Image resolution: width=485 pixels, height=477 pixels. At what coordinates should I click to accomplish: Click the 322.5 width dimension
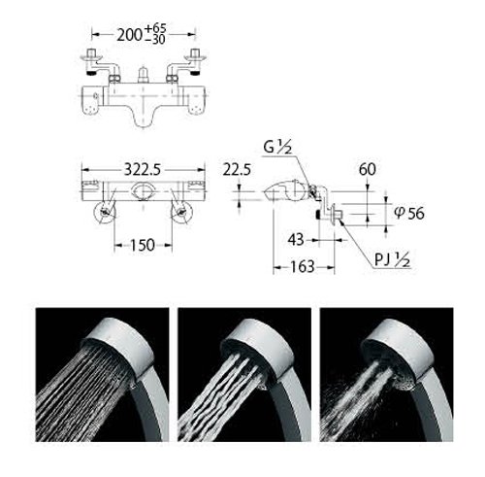[143, 170]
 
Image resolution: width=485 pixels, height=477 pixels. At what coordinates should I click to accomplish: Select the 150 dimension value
[143, 245]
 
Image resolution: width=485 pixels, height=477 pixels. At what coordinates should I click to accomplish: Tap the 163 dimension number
[303, 267]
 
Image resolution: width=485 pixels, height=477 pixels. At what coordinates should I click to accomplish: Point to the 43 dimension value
[296, 240]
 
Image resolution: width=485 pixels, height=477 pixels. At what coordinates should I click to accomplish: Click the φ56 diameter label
[409, 213]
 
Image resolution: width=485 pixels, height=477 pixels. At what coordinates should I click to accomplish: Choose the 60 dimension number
[368, 169]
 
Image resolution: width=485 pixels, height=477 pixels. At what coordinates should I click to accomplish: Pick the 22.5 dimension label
[237, 170]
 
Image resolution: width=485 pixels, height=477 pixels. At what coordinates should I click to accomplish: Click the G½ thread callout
[277, 148]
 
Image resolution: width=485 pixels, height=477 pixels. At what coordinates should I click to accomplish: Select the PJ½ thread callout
[393, 259]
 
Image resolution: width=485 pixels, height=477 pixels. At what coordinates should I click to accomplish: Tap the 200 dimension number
[129, 35]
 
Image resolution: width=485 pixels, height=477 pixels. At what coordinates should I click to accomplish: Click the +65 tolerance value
[155, 28]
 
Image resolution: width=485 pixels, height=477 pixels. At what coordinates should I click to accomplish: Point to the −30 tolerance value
[155, 39]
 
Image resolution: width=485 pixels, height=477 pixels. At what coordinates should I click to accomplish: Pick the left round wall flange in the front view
[105, 213]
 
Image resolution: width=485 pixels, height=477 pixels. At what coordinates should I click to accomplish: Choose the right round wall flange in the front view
[182, 213]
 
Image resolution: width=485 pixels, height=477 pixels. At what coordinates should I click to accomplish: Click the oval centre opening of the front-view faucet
[143, 190]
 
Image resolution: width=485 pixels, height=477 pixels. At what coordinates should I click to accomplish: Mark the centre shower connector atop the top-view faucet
[144, 75]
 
